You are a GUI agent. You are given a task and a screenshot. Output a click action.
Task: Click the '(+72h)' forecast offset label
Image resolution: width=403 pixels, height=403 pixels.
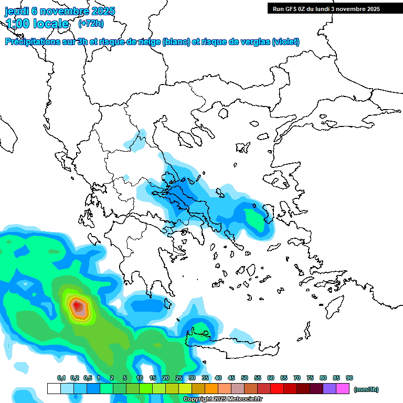pos(91,23)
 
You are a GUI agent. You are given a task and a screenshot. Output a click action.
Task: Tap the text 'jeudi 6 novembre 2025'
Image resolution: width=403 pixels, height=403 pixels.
pos(60,11)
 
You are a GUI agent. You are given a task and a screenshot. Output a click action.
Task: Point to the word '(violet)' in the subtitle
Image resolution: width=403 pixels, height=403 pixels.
pos(286,42)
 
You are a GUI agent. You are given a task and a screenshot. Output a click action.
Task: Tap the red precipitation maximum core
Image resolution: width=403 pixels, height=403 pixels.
pos(77,304)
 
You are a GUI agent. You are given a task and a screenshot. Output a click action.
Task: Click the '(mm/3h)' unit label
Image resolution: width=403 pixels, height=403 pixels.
pos(366,389)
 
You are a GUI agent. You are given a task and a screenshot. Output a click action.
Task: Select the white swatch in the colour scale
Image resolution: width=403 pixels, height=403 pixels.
pos(54,389)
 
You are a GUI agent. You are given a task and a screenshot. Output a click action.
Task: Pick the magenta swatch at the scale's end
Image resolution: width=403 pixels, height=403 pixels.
pos(343,389)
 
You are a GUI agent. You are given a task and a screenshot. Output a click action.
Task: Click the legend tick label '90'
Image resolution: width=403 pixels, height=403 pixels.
pos(349,378)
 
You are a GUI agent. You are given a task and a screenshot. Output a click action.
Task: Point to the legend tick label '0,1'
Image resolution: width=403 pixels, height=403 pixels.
pos(61,378)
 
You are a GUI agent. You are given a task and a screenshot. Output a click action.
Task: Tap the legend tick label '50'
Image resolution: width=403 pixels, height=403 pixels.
pos(245,378)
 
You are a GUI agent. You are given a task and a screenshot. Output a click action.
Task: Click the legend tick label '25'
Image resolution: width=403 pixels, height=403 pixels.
pos(179,378)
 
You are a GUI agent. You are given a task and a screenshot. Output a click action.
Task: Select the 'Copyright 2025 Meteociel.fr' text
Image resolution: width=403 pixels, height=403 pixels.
pos(223,399)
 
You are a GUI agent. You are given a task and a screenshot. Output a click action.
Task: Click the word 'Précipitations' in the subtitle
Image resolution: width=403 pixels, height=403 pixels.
pos(32,42)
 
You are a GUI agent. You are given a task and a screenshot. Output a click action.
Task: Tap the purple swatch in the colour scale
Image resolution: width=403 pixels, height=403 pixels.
pos(330,389)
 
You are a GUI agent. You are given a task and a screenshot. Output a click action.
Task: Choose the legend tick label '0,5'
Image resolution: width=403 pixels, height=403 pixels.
pos(87,378)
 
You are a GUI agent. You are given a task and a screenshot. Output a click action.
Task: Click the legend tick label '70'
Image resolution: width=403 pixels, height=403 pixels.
pos(297,378)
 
